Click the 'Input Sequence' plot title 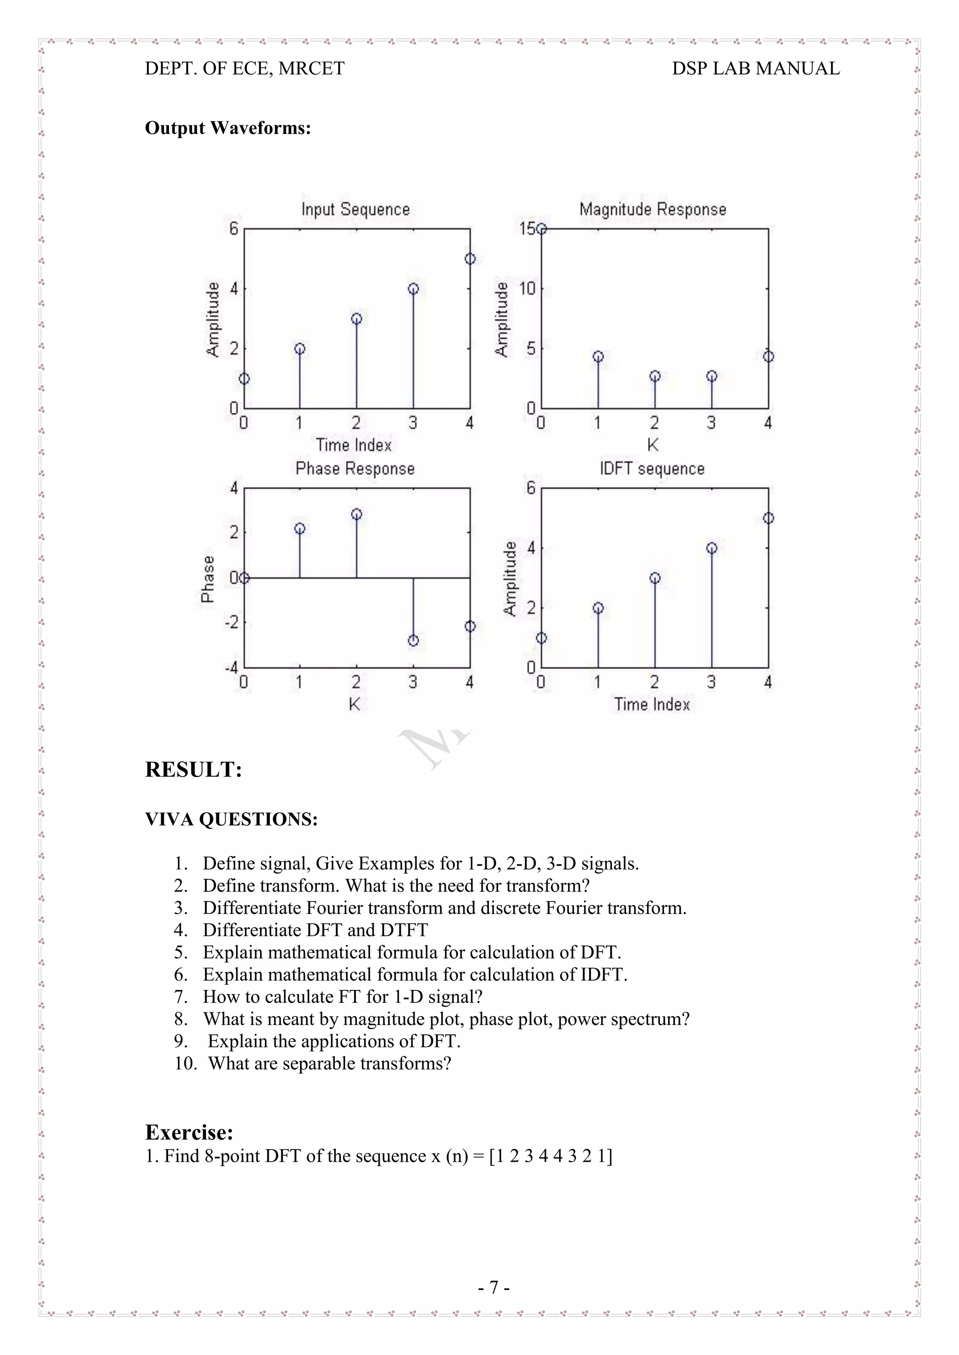pyautogui.click(x=355, y=210)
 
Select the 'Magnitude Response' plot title pyautogui.click(x=652, y=210)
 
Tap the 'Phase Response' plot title pyautogui.click(x=355, y=469)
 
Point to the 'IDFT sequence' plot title pyautogui.click(x=652, y=469)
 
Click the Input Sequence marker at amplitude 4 pyautogui.click(x=413, y=289)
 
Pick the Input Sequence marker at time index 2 pyautogui.click(x=357, y=319)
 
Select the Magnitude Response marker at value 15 pyautogui.click(x=541, y=228)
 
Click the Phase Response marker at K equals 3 pyautogui.click(x=413, y=640)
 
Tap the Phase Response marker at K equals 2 pyautogui.click(x=357, y=514)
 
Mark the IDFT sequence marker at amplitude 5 pyautogui.click(x=768, y=518)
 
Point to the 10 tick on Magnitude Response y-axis pyautogui.click(x=527, y=289)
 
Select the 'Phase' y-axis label pyautogui.click(x=207, y=579)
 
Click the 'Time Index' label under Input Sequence pyautogui.click(x=354, y=445)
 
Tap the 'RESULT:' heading pyautogui.click(x=194, y=770)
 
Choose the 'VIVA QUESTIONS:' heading pyautogui.click(x=231, y=819)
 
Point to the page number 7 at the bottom pyautogui.click(x=494, y=1287)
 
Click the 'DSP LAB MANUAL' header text pyautogui.click(x=756, y=68)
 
